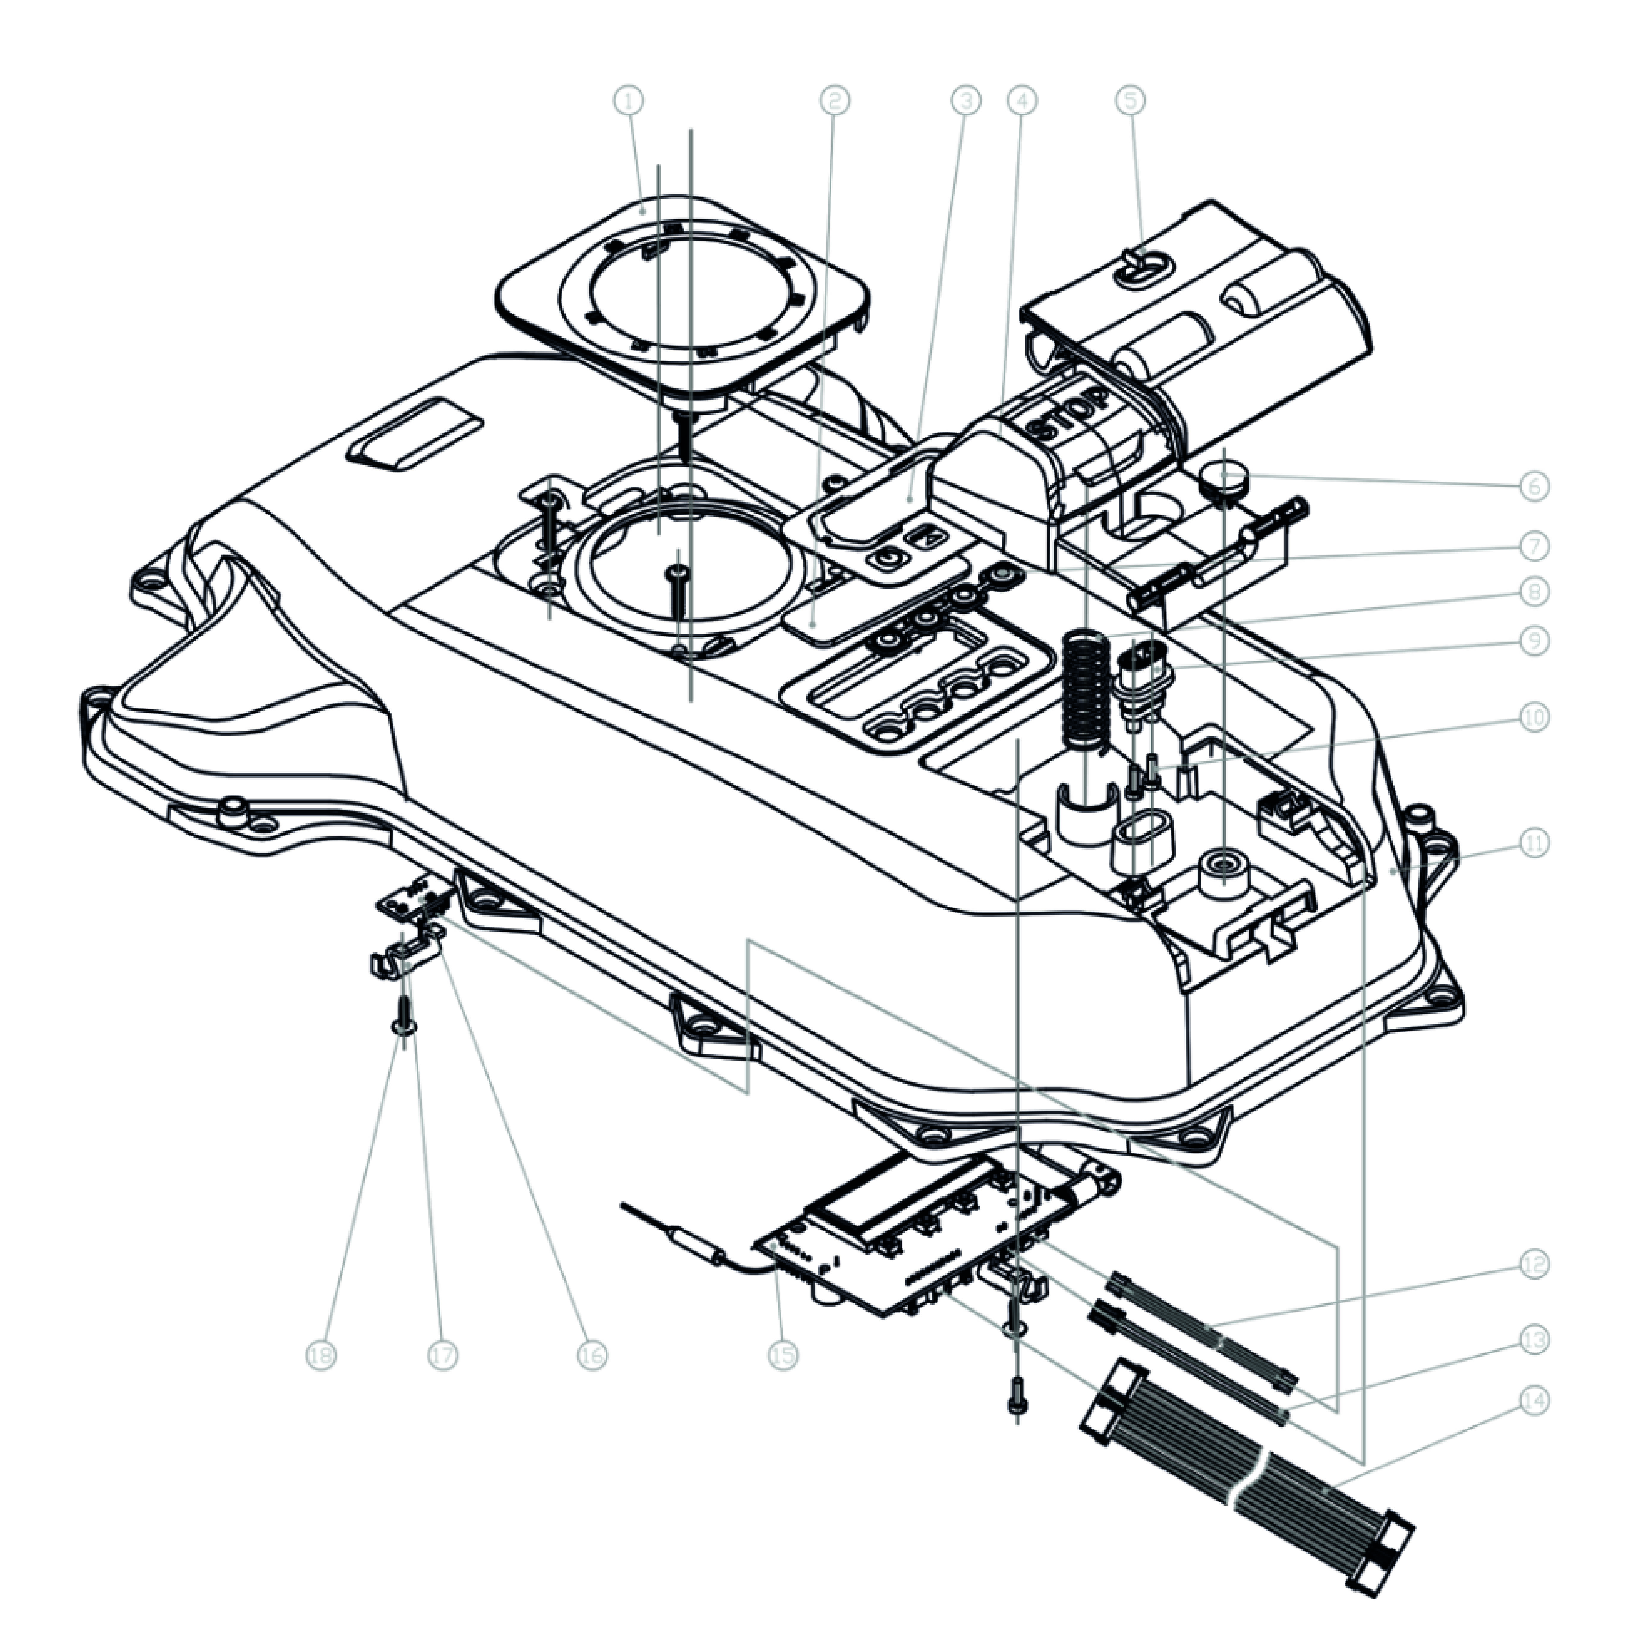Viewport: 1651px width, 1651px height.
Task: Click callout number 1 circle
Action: pyautogui.click(x=629, y=101)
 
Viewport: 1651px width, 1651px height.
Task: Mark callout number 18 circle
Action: pyautogui.click(x=322, y=1355)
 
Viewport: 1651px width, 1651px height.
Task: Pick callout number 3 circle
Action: pyautogui.click(x=965, y=101)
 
